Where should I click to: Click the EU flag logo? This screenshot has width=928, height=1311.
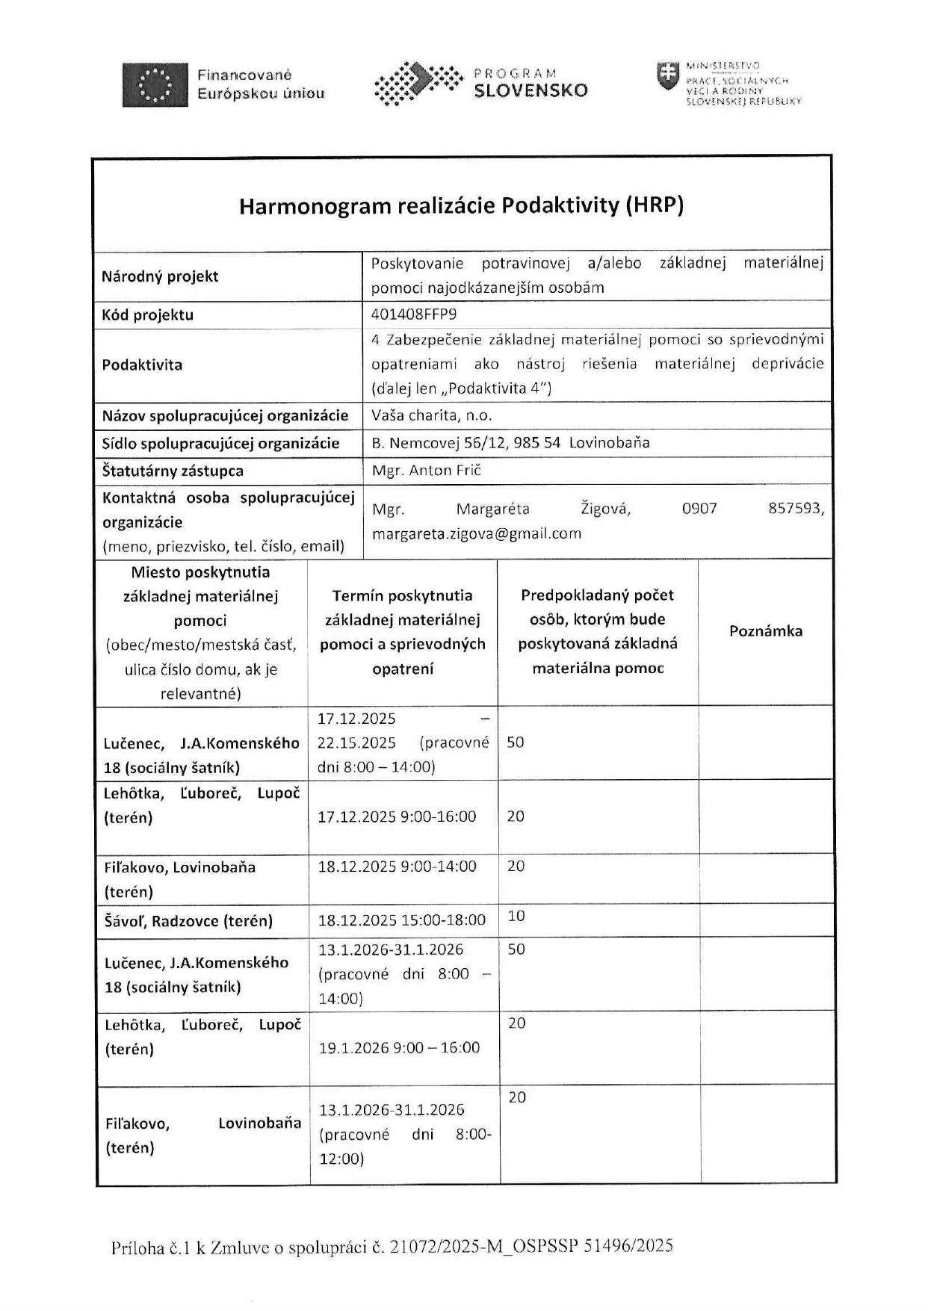(x=155, y=84)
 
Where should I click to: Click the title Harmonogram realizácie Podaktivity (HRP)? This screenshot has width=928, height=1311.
(x=461, y=205)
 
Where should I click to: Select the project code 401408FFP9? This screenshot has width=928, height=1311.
(x=414, y=314)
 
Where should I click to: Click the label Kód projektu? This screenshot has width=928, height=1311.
(x=148, y=314)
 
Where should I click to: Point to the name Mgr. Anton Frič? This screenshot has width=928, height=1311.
(x=427, y=470)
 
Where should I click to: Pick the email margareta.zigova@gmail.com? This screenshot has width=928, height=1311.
(x=476, y=533)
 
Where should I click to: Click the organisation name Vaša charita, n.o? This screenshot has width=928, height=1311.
(x=432, y=415)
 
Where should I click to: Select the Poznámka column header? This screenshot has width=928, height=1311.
(x=765, y=631)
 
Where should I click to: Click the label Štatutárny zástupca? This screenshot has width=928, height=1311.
(x=173, y=471)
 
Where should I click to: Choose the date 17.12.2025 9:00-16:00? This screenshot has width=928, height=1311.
(x=397, y=816)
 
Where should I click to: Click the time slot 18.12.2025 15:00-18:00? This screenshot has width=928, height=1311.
(x=401, y=920)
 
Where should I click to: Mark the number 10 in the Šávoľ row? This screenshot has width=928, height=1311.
(x=516, y=916)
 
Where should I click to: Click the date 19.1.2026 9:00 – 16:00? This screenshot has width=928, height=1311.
(x=399, y=1048)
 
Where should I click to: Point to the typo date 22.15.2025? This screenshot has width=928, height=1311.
(x=356, y=743)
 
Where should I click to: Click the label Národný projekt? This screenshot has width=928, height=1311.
(x=160, y=276)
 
